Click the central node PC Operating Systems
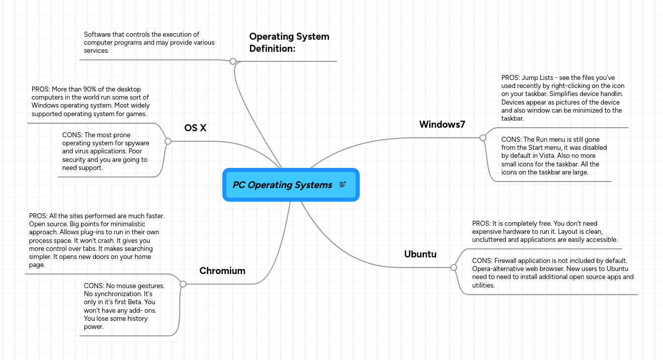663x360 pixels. [282, 185]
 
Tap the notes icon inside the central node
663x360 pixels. [343, 185]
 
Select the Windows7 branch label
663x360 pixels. [442, 124]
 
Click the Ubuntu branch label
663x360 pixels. [420, 254]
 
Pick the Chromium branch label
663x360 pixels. [222, 271]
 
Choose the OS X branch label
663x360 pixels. [195, 128]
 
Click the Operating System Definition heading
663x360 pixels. [289, 42]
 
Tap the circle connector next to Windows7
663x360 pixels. [483, 137]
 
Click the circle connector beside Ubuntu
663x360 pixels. [454, 267]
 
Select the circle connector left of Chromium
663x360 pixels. [183, 284]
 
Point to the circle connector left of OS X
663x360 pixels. [168, 142]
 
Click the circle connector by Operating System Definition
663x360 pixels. [233, 61]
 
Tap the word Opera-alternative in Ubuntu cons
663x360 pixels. [498, 268]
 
